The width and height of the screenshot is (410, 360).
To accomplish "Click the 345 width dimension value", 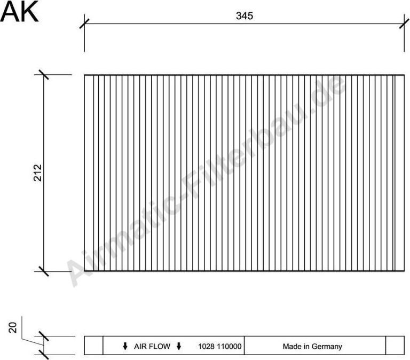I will [244, 16].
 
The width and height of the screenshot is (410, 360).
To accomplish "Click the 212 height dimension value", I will [38, 173].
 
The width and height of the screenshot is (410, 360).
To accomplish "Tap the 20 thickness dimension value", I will [14, 326].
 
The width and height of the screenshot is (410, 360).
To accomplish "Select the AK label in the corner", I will [19, 12].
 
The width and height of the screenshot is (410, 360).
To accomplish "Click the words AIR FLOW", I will [152, 346].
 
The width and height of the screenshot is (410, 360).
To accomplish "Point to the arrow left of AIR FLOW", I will [125, 346].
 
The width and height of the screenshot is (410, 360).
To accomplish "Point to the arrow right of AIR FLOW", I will [179, 346].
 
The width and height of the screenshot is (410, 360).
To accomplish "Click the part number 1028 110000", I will [220, 346].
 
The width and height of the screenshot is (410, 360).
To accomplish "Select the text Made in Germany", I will [312, 346].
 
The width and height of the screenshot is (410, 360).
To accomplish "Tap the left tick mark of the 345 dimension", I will [84, 24].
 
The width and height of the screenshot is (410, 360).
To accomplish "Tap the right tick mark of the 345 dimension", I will [402, 24].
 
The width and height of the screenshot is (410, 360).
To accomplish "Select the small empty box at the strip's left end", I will [93, 346].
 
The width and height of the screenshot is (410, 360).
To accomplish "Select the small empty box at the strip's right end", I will [395, 346].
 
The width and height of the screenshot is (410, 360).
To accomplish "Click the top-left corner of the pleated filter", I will [84, 75].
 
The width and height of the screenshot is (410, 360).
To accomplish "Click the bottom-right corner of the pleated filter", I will [404, 271].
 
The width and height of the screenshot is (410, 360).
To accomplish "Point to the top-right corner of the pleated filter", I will [404, 75].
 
